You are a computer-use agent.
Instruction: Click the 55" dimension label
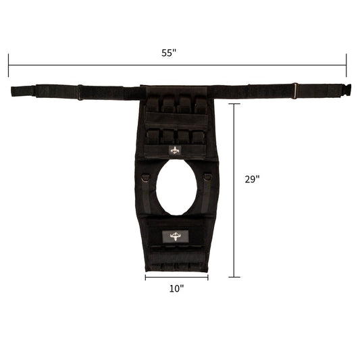point(169,53)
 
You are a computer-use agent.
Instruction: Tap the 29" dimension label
point(252,179)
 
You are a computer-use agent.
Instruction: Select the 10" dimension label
point(176,288)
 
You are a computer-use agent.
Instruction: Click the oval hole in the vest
point(176,187)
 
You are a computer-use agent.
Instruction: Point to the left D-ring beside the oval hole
point(146,178)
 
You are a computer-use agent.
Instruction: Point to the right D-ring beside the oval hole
point(207,177)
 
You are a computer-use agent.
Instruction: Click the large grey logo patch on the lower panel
point(176,236)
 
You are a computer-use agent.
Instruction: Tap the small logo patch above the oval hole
point(175,151)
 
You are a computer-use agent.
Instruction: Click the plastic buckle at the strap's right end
point(346,89)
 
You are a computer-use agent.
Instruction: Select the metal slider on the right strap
point(295,91)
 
